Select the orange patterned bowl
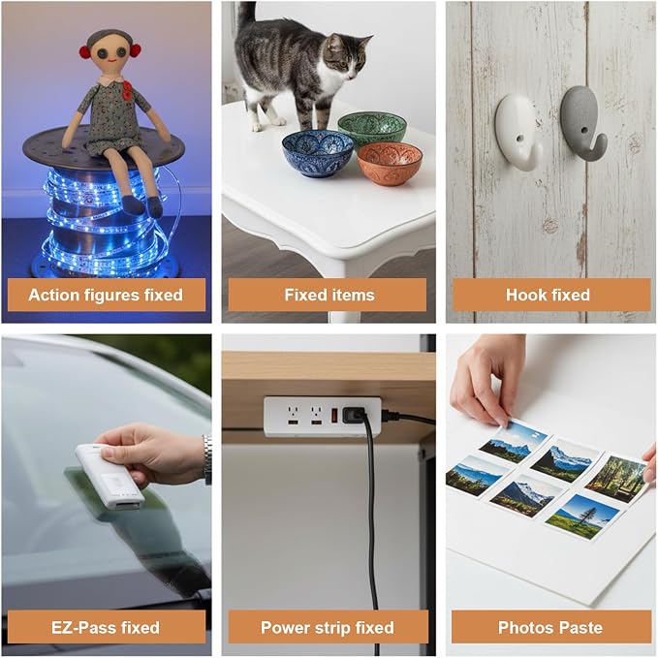[x=390, y=164]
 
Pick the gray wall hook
[x=582, y=122]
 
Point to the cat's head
[x=348, y=57]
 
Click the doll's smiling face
[x=110, y=53]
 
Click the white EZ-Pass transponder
[x=110, y=477]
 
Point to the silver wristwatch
[x=207, y=459]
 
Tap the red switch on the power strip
[x=334, y=416]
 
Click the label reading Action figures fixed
[x=106, y=295]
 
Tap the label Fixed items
[x=329, y=295]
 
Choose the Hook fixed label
[x=548, y=295]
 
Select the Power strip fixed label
[x=328, y=628]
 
